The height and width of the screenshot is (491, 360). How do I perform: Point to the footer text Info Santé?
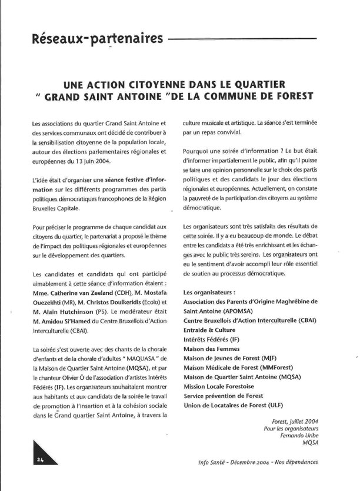pos(214,462)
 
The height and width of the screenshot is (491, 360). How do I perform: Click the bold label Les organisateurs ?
pos(209,292)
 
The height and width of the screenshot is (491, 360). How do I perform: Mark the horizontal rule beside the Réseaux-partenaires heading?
pos(242,39)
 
